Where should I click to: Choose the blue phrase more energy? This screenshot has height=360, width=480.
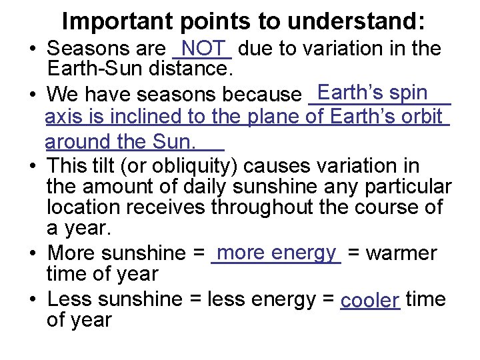pyautogui.click(x=276, y=252)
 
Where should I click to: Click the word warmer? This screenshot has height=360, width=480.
pyautogui.click(x=402, y=253)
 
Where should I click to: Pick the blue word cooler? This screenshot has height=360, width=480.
pyautogui.click(x=369, y=301)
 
